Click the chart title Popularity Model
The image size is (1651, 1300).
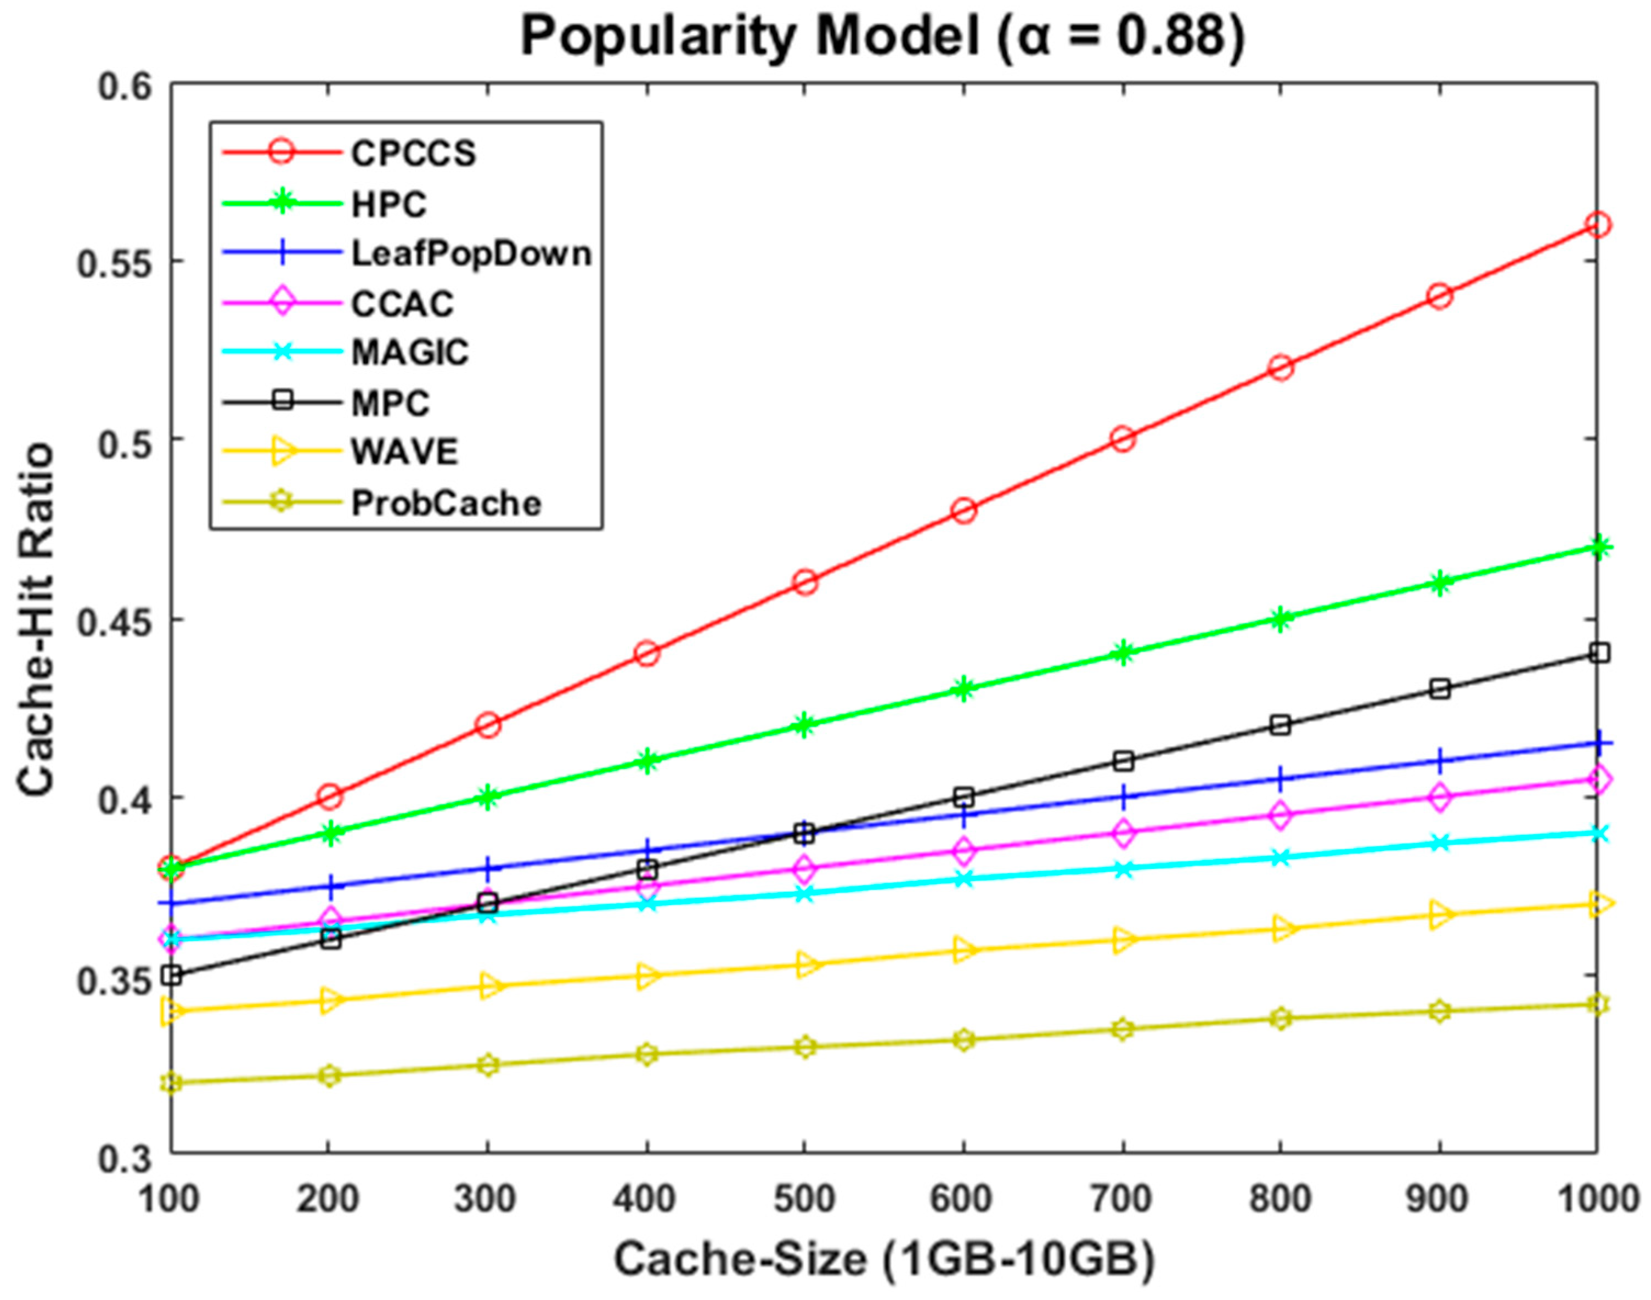pos(881,37)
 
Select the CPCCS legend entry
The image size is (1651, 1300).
pos(413,154)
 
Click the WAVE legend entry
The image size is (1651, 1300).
pos(405,452)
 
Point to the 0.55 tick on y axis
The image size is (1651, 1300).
pos(122,261)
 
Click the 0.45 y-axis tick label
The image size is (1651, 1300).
pos(122,619)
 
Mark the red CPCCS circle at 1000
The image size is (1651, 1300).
pos(1598,224)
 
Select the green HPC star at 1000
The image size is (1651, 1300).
pos(1598,547)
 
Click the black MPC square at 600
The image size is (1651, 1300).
pos(963,797)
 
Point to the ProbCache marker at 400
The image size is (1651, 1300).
pos(647,1054)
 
